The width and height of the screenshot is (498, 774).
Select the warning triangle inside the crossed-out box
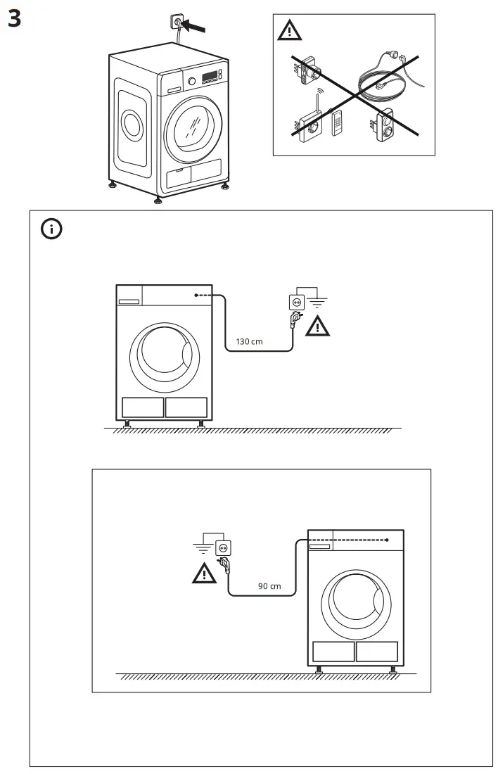pos(288,32)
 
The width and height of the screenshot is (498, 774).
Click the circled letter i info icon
pos(51,229)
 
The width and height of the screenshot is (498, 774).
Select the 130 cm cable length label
pos(249,341)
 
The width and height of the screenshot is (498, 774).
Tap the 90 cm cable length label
pos(269,585)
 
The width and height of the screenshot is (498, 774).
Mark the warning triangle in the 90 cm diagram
pos(204,573)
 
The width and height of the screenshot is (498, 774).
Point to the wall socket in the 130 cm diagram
pos(296,301)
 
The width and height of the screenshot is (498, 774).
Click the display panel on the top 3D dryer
pos(210,76)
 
